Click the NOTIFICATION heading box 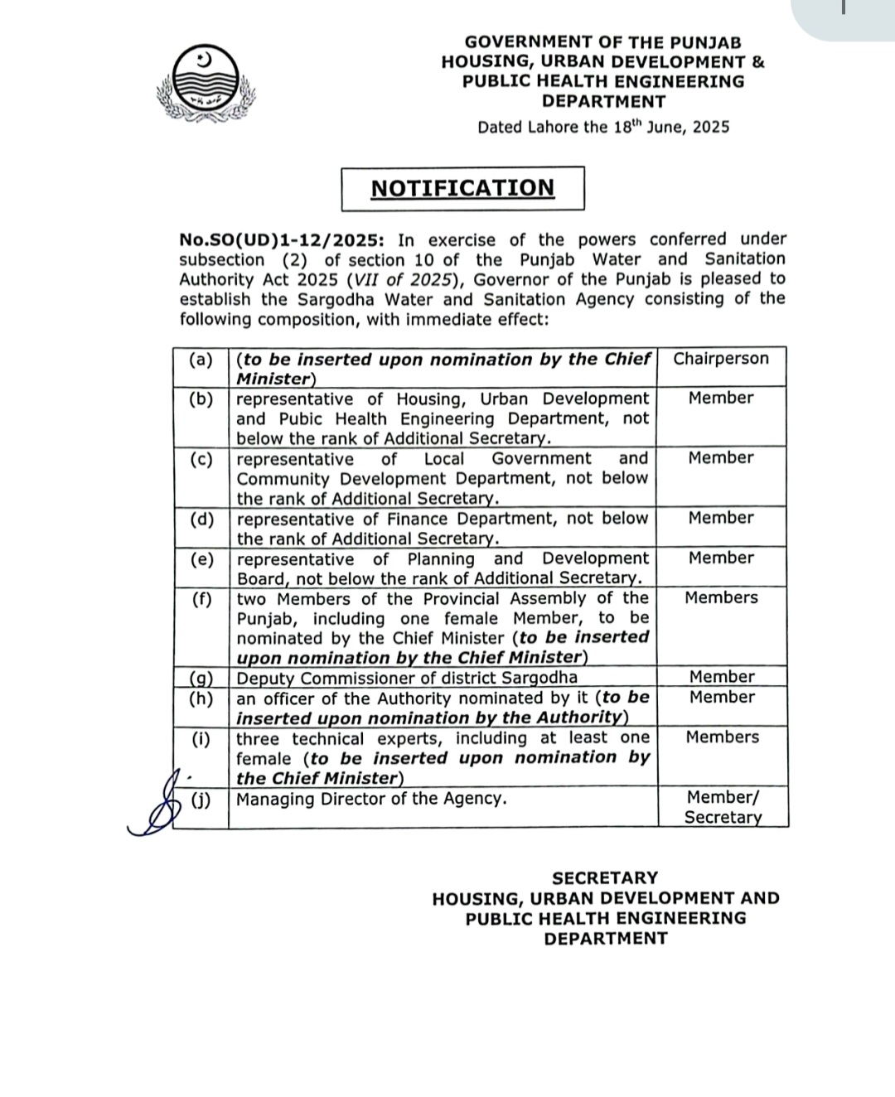click(462, 188)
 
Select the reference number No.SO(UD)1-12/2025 click(282, 240)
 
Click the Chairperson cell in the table click(721, 359)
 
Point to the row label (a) click(201, 360)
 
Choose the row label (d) click(201, 520)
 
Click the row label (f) click(201, 599)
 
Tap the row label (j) click(201, 800)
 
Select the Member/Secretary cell click(723, 807)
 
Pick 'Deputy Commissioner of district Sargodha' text click(407, 678)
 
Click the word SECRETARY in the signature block click(605, 877)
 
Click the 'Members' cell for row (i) click(722, 737)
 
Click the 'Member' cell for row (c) click(721, 458)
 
